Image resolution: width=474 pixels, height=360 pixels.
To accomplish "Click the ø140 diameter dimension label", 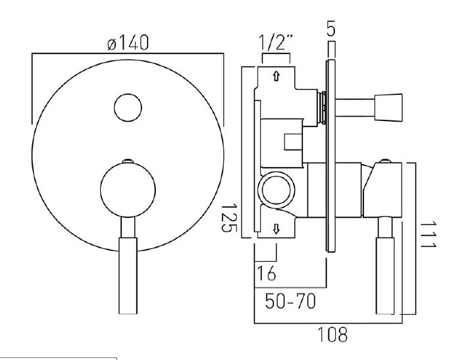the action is coord(128,43).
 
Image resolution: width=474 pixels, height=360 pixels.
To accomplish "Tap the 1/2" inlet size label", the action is coord(276,42).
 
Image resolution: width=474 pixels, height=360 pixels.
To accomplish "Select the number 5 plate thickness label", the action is coord(331,28).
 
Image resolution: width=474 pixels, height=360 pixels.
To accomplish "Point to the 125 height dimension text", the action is coord(230,219).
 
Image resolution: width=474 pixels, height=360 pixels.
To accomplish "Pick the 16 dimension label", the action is coord(267,273).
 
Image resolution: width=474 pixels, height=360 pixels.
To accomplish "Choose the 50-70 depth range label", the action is coord(290,301).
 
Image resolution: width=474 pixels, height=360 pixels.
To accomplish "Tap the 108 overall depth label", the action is coord(332,334).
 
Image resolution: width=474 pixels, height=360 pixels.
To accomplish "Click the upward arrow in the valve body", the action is coord(276,76).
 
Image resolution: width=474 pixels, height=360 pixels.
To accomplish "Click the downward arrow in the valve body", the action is coord(276,228).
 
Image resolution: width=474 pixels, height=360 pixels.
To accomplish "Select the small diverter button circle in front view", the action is coord(128,108).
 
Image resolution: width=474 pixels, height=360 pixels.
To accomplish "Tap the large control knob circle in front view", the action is coord(128,190).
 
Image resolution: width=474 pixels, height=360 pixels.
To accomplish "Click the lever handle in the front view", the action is coord(128,266).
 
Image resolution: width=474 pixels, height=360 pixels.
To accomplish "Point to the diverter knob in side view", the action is coord(388,108).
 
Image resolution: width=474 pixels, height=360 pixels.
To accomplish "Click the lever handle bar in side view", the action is coord(385,266).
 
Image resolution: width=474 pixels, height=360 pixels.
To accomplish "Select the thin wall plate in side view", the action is coord(330,156).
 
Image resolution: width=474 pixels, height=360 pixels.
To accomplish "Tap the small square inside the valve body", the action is coord(293,141).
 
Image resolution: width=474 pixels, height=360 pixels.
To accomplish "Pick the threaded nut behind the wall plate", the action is coord(322,108).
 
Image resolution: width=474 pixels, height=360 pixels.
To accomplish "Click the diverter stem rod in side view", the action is coord(355,108).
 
